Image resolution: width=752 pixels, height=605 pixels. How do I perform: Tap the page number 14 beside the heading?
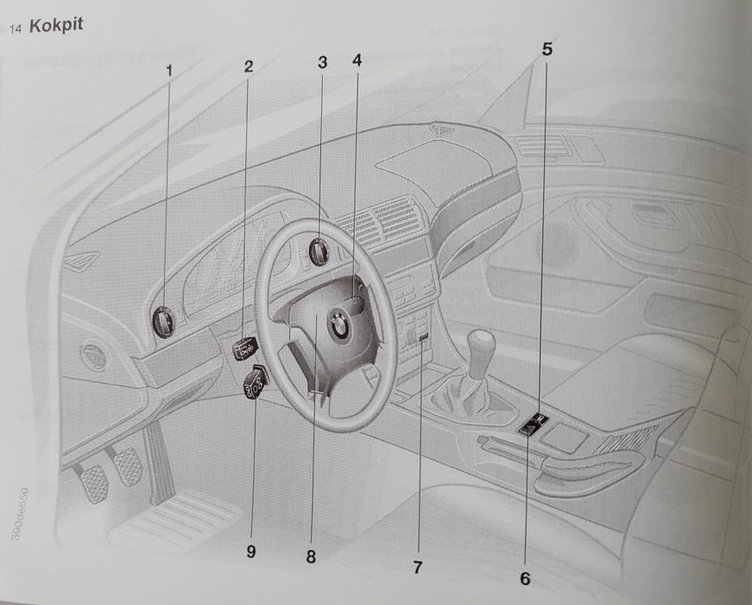point(16,29)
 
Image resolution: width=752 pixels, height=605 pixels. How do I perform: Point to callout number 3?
point(322,62)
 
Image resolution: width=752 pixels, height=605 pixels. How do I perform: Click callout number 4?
point(356,61)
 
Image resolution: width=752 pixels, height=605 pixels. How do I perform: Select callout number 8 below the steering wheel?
point(311,557)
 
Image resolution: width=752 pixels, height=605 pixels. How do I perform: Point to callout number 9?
point(250,551)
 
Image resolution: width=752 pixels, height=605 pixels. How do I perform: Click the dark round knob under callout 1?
point(163,322)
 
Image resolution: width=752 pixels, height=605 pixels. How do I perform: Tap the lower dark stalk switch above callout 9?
point(256,380)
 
